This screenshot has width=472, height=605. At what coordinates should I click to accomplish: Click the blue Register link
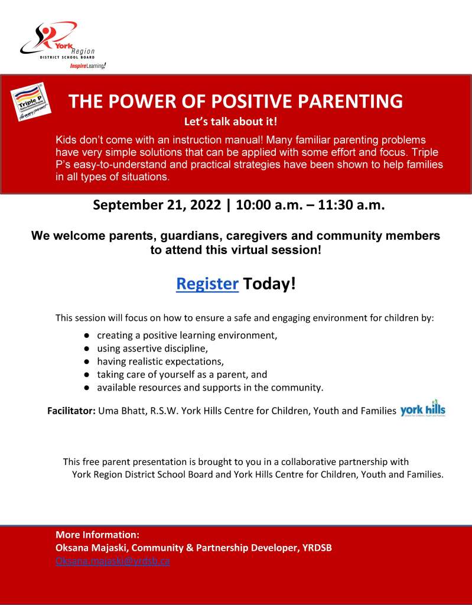(x=207, y=284)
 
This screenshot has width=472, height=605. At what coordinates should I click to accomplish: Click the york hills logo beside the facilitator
(x=422, y=408)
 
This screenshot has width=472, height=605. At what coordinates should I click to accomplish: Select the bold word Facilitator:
(x=71, y=410)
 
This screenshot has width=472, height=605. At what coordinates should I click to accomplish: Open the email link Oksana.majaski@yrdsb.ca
(x=112, y=561)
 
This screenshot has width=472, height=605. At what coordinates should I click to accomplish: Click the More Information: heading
(x=97, y=535)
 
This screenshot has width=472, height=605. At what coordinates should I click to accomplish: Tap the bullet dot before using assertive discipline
(x=86, y=349)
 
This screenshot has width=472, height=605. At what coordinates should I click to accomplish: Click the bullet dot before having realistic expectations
(x=86, y=362)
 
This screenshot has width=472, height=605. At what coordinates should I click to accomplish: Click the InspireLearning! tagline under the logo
(x=87, y=66)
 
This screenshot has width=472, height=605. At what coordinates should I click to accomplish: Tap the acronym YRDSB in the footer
(x=316, y=548)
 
